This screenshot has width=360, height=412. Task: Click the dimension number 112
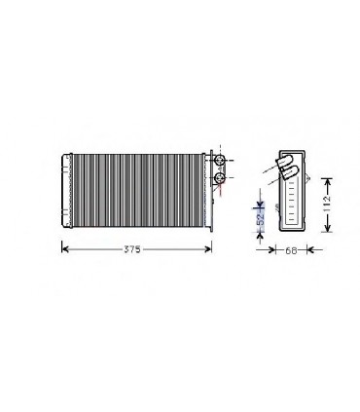[329, 203]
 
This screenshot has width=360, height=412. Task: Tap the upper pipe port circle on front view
[219, 160]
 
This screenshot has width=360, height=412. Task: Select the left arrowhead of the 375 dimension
[66, 249]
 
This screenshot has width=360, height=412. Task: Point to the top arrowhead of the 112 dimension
[329, 180]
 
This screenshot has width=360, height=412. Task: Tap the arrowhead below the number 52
[260, 234]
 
